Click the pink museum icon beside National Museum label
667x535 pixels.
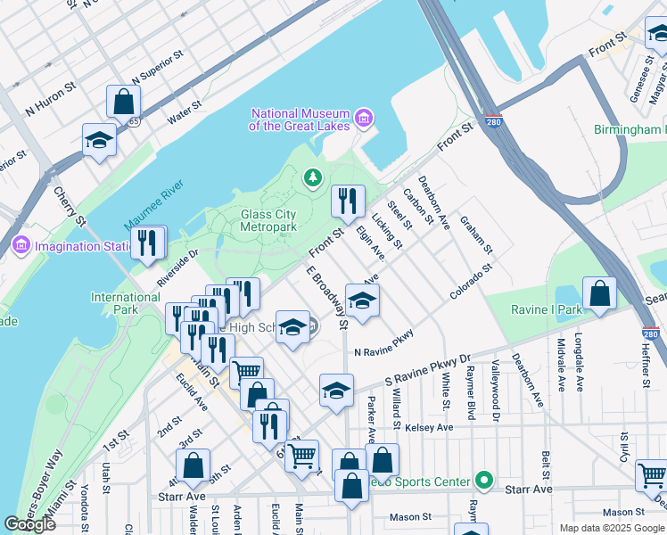(363, 118)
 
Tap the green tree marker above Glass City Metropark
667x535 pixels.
(312, 179)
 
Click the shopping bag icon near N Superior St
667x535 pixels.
(123, 102)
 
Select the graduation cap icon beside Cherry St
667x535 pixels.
(99, 140)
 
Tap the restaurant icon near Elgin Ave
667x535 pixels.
(348, 201)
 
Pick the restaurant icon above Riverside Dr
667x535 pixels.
(148, 243)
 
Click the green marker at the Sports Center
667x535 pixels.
(484, 481)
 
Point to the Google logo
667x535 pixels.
(30, 524)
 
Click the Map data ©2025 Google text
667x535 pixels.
(612, 528)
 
